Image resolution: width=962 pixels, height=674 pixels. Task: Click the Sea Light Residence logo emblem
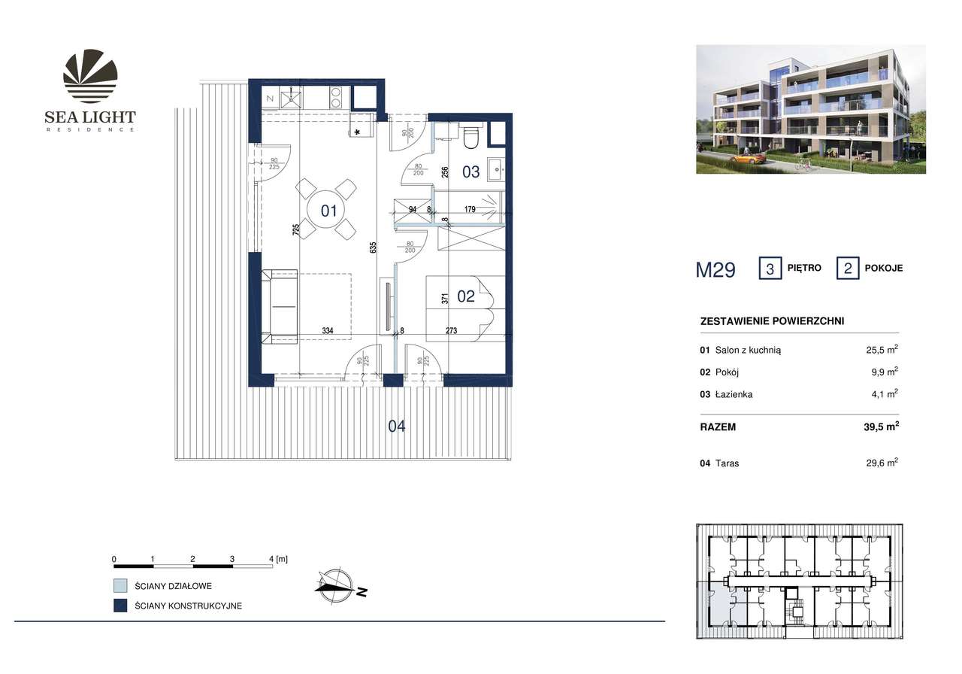(x=90, y=75)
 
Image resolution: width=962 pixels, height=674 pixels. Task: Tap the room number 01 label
(x=328, y=210)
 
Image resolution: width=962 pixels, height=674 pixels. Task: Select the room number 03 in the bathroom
(x=470, y=172)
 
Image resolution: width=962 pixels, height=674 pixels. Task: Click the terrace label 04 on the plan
(x=397, y=427)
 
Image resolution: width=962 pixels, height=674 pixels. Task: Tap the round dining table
(x=328, y=210)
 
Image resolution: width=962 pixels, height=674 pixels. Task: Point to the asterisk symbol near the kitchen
(x=357, y=133)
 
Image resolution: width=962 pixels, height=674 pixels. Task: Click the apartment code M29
(x=715, y=270)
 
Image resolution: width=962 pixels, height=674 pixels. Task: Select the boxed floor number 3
(x=770, y=269)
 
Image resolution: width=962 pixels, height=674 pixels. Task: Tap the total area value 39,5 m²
(x=879, y=427)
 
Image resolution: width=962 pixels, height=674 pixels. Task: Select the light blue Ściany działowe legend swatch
(x=119, y=585)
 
